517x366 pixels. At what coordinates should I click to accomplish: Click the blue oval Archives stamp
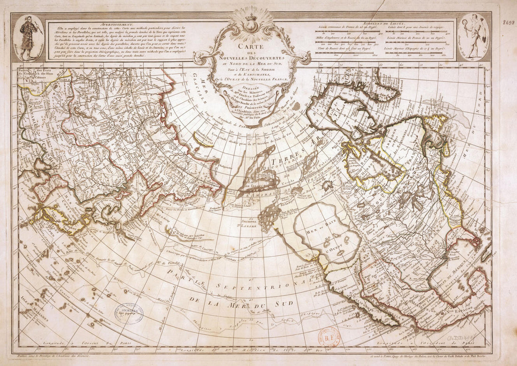click(130, 312)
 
